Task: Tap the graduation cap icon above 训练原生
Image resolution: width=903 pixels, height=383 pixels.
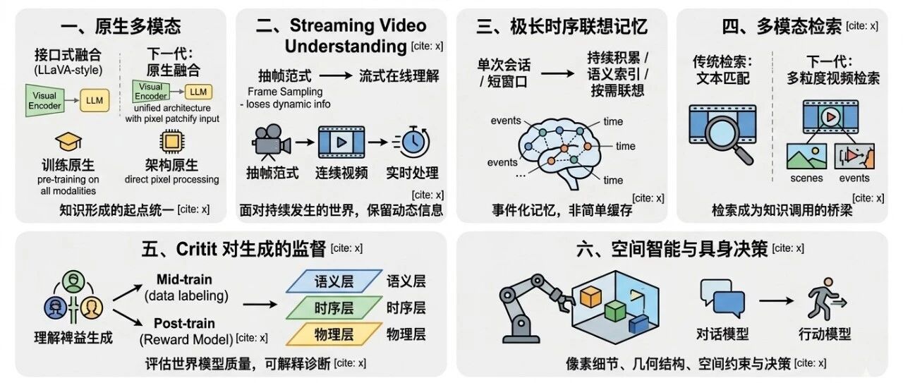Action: pos(68,143)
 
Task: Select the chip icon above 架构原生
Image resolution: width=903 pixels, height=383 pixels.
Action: pos(170,142)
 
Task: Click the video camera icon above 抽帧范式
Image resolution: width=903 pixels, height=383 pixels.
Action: pos(271,144)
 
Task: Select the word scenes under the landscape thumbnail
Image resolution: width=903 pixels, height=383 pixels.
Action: pos(806,178)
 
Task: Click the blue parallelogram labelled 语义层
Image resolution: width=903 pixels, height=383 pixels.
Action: pos(334,281)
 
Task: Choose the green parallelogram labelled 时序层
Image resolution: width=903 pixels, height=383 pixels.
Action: pos(334,308)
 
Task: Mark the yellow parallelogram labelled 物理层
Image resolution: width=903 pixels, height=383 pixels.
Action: pos(334,333)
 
